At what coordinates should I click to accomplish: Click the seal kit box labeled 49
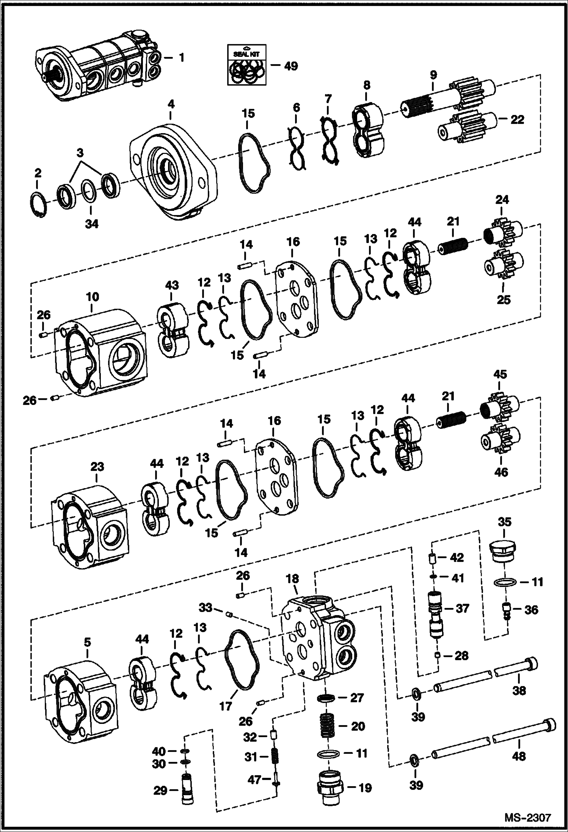tap(247, 65)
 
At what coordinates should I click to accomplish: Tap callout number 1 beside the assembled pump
tap(182, 58)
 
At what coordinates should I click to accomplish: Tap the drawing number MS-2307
tap(527, 816)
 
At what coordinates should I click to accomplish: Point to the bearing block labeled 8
tap(367, 129)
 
